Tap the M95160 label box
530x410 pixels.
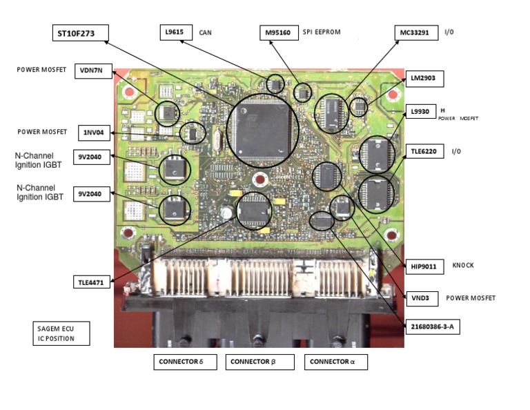[x=279, y=32]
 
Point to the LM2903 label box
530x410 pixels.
[x=422, y=79]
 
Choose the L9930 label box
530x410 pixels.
[x=419, y=112]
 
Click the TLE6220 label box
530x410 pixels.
[x=424, y=151]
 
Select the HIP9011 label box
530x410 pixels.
[x=424, y=265]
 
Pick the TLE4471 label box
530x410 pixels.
[x=92, y=282]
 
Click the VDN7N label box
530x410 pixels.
[x=92, y=70]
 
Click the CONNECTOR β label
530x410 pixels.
[x=260, y=362]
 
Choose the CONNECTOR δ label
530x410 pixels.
[x=185, y=362]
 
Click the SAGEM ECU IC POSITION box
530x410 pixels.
[x=61, y=333]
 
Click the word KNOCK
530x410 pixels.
[x=463, y=265]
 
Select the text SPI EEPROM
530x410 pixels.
[x=322, y=32]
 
